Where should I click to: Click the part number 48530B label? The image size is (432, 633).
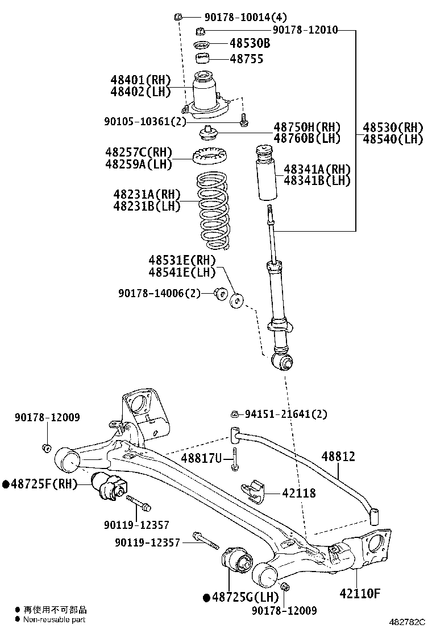click(250, 43)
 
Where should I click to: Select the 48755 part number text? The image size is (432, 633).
click(246, 59)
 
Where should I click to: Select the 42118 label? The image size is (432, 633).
click(298, 494)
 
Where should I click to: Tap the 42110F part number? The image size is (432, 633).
click(359, 593)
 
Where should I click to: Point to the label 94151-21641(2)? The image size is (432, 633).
click(286, 414)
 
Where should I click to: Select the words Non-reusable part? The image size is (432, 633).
click(55, 619)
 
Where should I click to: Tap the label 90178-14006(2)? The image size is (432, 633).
click(160, 293)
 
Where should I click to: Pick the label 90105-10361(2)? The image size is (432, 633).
click(145, 121)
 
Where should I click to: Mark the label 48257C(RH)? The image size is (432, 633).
click(138, 153)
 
